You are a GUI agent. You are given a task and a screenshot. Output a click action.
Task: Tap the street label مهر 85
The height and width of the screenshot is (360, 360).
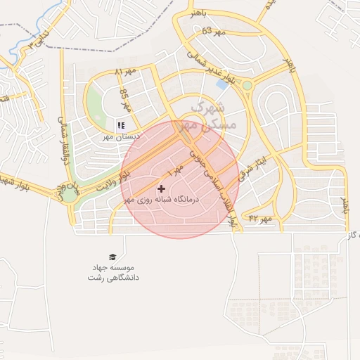click(125, 101)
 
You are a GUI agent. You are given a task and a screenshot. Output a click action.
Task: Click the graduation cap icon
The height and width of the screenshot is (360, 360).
click(113, 257)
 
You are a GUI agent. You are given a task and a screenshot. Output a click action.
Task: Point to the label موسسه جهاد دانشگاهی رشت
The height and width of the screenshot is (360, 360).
click(114, 273)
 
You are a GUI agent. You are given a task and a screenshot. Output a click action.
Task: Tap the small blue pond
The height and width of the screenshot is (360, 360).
click(222, 84)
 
